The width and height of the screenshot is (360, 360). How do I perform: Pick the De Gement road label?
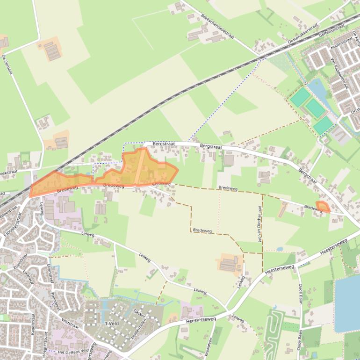(x=7, y=65)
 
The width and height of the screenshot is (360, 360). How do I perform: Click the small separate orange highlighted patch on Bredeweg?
(x=323, y=206)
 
